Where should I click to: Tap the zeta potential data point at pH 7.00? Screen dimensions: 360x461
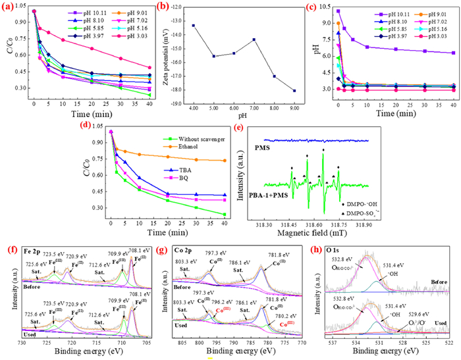[x=254, y=39]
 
